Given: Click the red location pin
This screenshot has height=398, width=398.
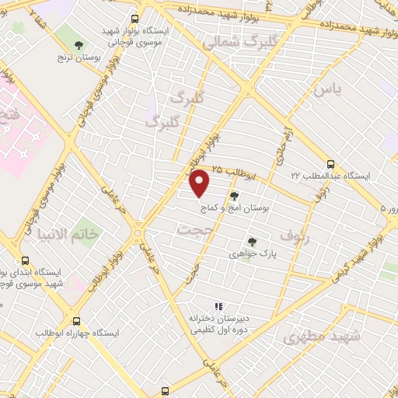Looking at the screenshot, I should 200,183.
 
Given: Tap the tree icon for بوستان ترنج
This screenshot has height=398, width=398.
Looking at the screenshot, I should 79,45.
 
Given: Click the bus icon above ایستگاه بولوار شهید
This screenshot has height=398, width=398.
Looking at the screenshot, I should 135,19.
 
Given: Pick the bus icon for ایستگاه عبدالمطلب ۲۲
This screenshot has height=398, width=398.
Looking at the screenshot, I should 330,164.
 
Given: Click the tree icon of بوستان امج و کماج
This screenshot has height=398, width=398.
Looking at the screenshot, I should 234,196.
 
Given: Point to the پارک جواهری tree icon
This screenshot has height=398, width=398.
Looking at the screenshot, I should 250,242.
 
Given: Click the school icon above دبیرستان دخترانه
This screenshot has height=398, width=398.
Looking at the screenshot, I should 218,306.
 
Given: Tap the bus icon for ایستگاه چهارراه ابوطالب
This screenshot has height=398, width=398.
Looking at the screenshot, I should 76,320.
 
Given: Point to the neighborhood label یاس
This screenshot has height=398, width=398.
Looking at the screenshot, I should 326,89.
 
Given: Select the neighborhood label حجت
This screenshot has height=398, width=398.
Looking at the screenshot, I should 194,229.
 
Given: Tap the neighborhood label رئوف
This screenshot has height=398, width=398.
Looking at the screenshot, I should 295,238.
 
